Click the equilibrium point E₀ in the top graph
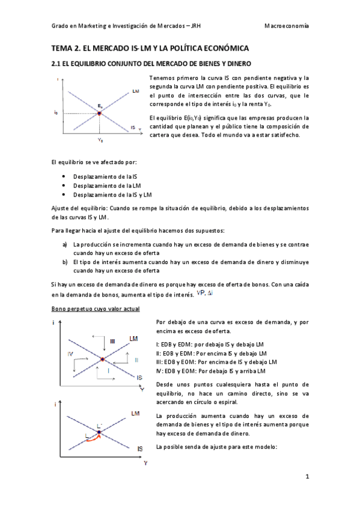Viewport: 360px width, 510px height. [100, 112]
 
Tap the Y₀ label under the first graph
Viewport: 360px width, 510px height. [100, 140]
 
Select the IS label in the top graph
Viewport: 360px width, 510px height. [133, 127]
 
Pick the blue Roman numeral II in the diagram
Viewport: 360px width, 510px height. [136, 360]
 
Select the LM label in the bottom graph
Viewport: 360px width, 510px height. [136, 413]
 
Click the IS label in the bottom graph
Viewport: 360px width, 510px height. [139, 449]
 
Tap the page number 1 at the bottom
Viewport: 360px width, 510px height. [307, 477]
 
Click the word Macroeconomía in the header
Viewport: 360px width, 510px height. [287, 26]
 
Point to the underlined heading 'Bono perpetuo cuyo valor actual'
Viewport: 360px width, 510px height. [96, 309]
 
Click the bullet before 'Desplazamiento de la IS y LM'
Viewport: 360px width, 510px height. [64, 195]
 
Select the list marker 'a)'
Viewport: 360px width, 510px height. [65, 245]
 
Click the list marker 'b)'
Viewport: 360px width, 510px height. [65, 262]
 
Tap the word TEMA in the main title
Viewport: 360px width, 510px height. [62, 48]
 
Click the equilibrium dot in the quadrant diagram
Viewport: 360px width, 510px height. [103, 360]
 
